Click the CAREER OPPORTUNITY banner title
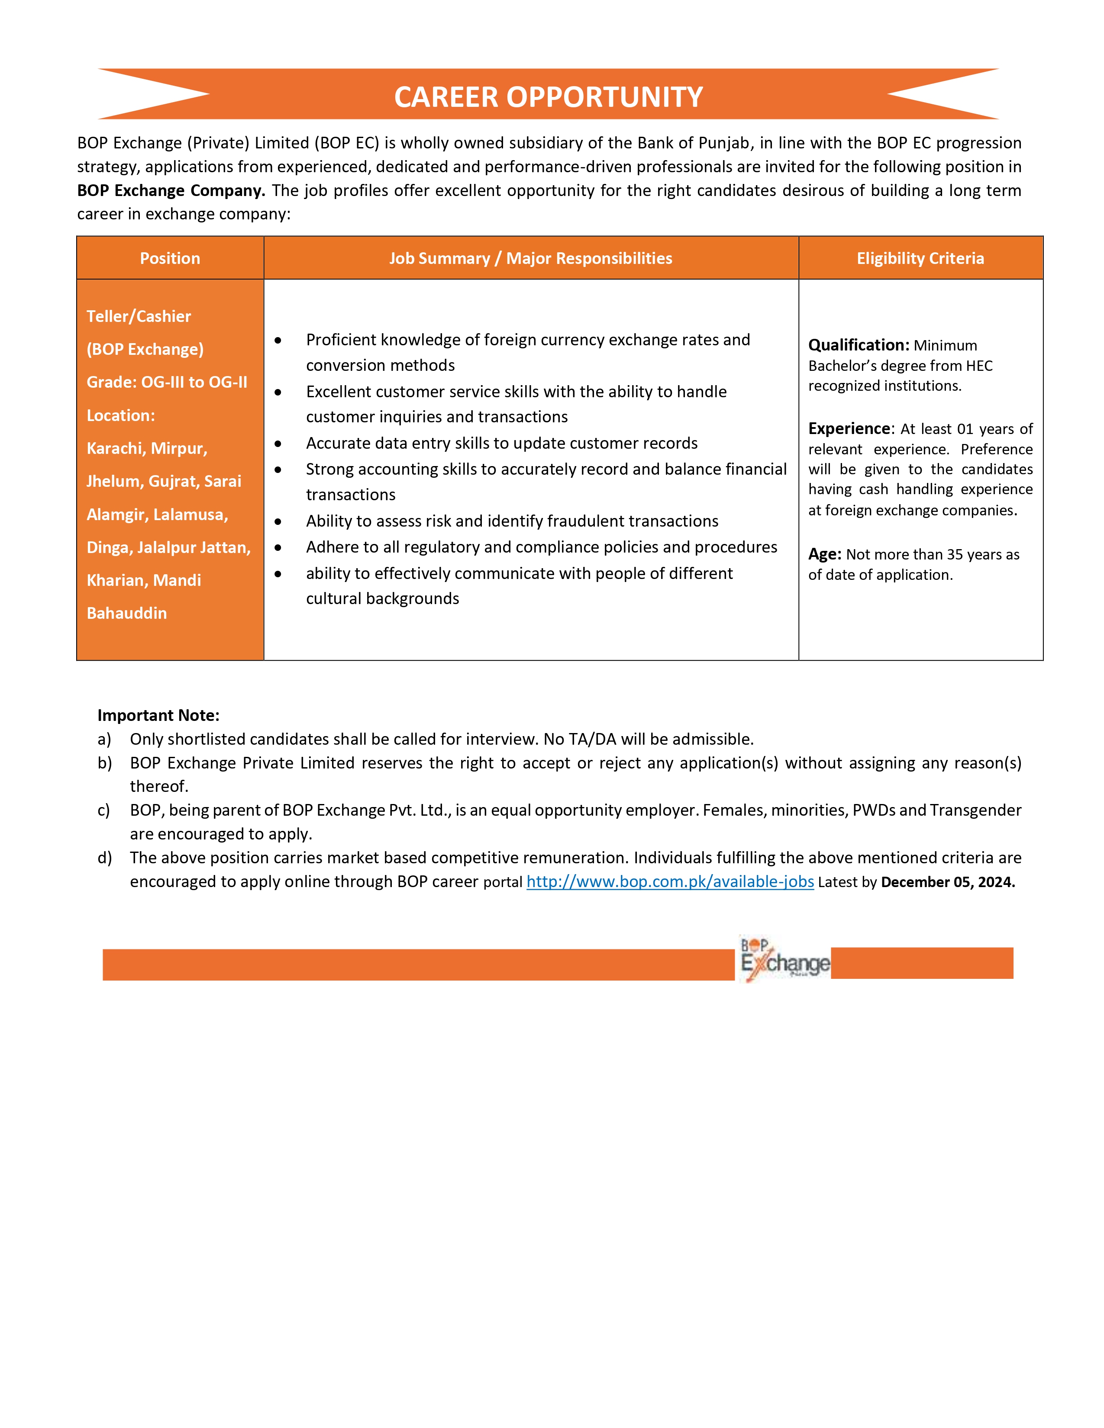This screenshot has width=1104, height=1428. click(x=548, y=97)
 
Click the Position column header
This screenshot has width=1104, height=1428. click(x=170, y=258)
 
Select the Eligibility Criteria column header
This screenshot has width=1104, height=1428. click(x=920, y=258)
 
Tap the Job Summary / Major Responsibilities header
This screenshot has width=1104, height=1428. click(x=530, y=258)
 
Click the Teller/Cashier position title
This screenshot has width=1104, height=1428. click(x=139, y=316)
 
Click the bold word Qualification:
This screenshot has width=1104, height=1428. click(x=858, y=345)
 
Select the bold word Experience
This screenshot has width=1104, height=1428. click(x=849, y=429)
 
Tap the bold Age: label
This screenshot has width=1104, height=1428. click(x=824, y=554)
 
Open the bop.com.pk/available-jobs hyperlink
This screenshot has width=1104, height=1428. click(x=670, y=882)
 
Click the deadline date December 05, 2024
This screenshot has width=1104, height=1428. click(x=947, y=882)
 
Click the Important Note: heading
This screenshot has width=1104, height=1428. click(x=158, y=715)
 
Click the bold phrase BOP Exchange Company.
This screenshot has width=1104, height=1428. click(x=171, y=190)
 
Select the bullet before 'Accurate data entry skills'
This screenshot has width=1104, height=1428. click(x=278, y=444)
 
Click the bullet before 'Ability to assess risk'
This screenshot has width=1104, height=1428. click(x=278, y=522)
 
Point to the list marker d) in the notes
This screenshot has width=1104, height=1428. click(x=105, y=858)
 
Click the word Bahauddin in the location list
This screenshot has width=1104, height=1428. click(x=127, y=613)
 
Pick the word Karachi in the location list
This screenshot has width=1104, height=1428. click(x=114, y=449)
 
